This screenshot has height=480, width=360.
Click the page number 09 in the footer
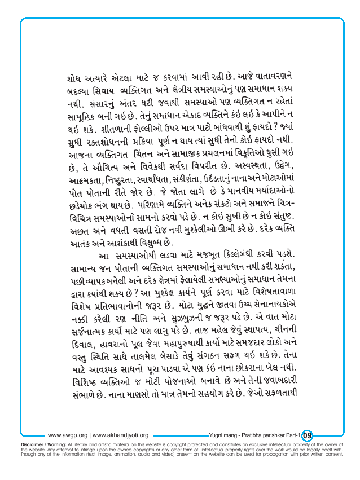coord(308,434)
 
